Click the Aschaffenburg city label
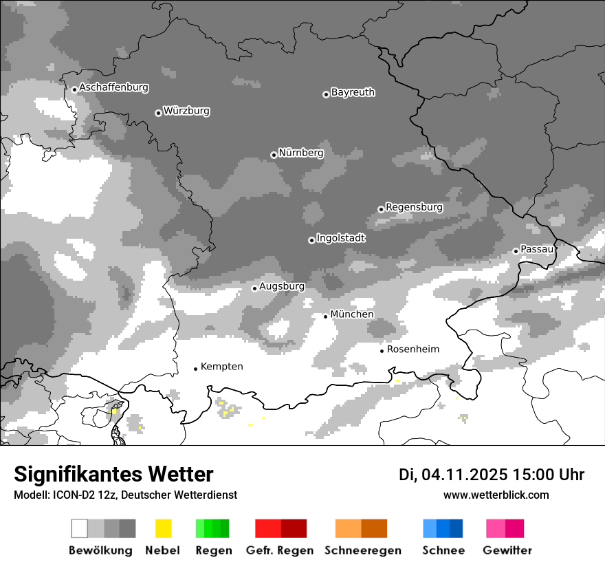click(113, 88)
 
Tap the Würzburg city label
click(186, 111)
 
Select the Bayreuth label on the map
click(353, 93)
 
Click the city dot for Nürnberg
click(274, 155)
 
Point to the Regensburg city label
click(414, 208)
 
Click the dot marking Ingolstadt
click(311, 240)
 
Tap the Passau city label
click(537, 249)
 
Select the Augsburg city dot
click(254, 288)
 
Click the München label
click(352, 314)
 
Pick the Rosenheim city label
click(412, 349)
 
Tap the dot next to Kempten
click(195, 369)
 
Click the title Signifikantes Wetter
click(113, 475)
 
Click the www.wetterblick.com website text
click(496, 495)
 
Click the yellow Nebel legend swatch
click(163, 528)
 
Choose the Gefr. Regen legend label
click(279, 550)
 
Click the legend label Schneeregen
click(363, 550)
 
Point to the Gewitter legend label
click(507, 550)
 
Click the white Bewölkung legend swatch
click(80, 528)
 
